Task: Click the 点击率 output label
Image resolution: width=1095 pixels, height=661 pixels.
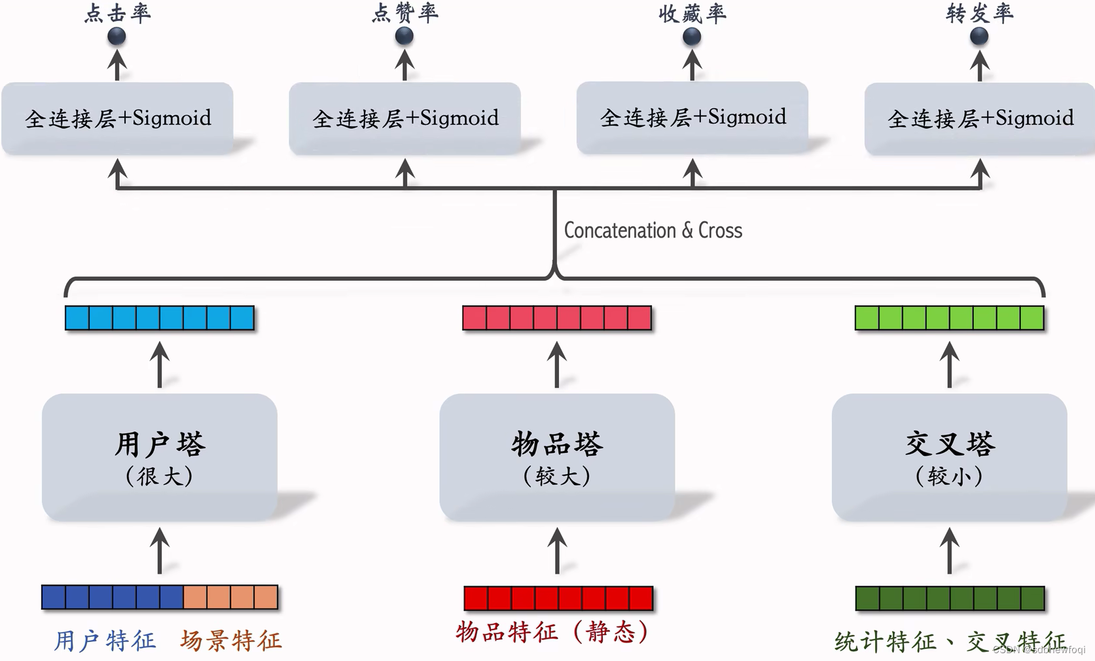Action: pyautogui.click(x=117, y=13)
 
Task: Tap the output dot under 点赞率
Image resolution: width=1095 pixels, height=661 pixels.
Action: pyautogui.click(x=404, y=36)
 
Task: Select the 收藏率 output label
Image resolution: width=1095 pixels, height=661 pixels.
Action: pyautogui.click(x=692, y=13)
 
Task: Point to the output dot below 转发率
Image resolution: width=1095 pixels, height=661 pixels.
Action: pyautogui.click(x=979, y=36)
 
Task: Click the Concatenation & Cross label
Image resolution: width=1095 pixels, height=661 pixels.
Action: pyautogui.click(x=653, y=230)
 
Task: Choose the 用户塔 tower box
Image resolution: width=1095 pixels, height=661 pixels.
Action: pyautogui.click(x=160, y=457)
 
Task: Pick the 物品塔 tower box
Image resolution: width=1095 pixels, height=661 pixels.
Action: pyautogui.click(x=557, y=457)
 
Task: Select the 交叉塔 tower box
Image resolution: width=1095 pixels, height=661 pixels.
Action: pyautogui.click(x=949, y=457)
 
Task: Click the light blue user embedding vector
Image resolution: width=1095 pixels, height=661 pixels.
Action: pyautogui.click(x=160, y=318)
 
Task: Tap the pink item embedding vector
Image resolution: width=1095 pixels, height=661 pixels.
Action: pyautogui.click(x=557, y=318)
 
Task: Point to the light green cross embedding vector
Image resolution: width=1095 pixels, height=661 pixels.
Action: pyautogui.click(x=949, y=318)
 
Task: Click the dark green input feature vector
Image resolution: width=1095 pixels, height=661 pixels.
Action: pyautogui.click(x=950, y=598)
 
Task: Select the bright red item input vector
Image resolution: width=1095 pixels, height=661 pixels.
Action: pyautogui.click(x=558, y=598)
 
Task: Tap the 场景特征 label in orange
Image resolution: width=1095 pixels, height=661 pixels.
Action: pyautogui.click(x=231, y=640)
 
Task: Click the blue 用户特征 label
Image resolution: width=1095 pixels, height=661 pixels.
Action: pyautogui.click(x=105, y=640)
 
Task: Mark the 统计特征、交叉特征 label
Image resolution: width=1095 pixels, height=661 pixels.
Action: pyautogui.click(x=949, y=641)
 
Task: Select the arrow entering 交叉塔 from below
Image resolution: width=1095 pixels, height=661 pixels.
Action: pyautogui.click(x=950, y=551)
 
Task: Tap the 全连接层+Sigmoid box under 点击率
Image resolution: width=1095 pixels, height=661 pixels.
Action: pyautogui.click(x=117, y=118)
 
